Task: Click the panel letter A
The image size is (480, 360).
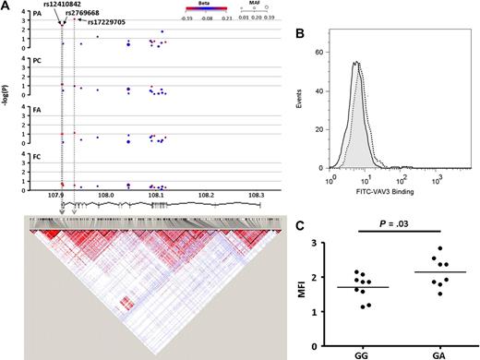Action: (x=6, y=6)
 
